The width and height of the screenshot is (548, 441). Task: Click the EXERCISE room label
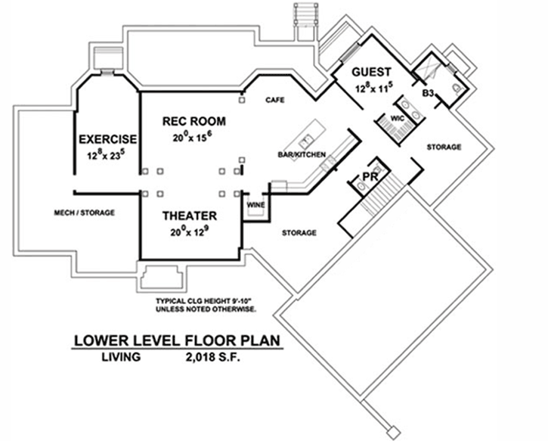pos(107,139)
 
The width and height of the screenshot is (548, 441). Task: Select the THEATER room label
pos(190,216)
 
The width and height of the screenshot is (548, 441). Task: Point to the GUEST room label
pos(371,73)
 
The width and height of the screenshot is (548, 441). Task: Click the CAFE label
pos(274,100)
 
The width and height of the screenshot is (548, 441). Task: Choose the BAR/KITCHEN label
pos(302,155)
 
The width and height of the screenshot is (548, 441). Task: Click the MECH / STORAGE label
pos(84,213)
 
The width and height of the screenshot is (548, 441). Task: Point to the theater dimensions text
pos(190,231)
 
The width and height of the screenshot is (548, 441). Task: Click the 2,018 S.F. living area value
pos(211,357)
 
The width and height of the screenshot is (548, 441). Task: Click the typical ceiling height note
pos(206,305)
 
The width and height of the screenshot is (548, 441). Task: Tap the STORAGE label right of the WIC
pos(443,147)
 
